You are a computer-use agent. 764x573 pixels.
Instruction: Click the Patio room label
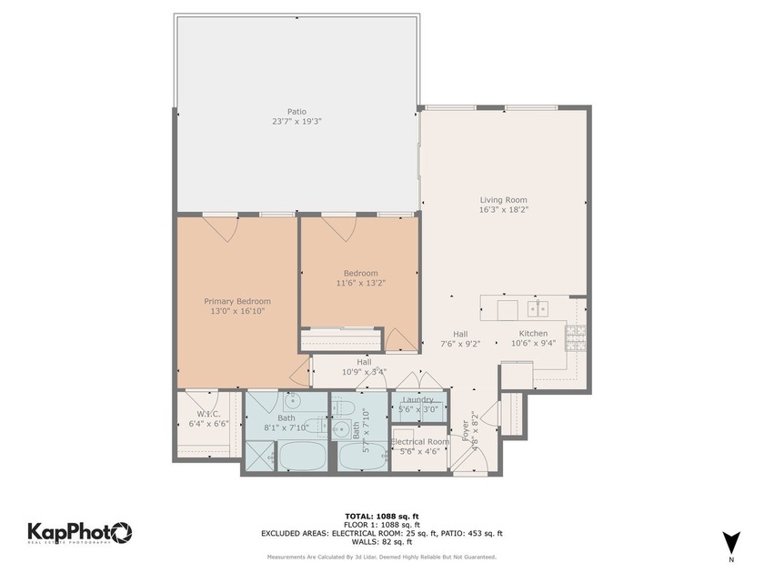297,112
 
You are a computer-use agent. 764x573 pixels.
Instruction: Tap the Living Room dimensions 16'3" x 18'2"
503,209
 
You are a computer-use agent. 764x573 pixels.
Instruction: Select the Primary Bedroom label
236,301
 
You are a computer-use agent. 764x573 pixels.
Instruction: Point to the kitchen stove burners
575,338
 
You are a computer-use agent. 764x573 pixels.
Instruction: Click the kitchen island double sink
538,308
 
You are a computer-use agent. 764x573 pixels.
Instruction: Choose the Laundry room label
418,399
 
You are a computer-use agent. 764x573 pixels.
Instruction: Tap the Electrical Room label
419,442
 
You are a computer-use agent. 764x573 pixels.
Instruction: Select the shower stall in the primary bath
259,455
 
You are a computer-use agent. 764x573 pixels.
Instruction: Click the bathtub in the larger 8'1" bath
302,455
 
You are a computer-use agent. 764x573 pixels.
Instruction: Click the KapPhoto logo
80,533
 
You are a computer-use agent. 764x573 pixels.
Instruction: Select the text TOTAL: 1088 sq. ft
381,516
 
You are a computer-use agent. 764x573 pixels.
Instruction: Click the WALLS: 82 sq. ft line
381,542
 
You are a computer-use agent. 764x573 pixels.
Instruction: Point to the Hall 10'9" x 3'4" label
364,367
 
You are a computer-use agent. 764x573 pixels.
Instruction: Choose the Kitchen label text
533,333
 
